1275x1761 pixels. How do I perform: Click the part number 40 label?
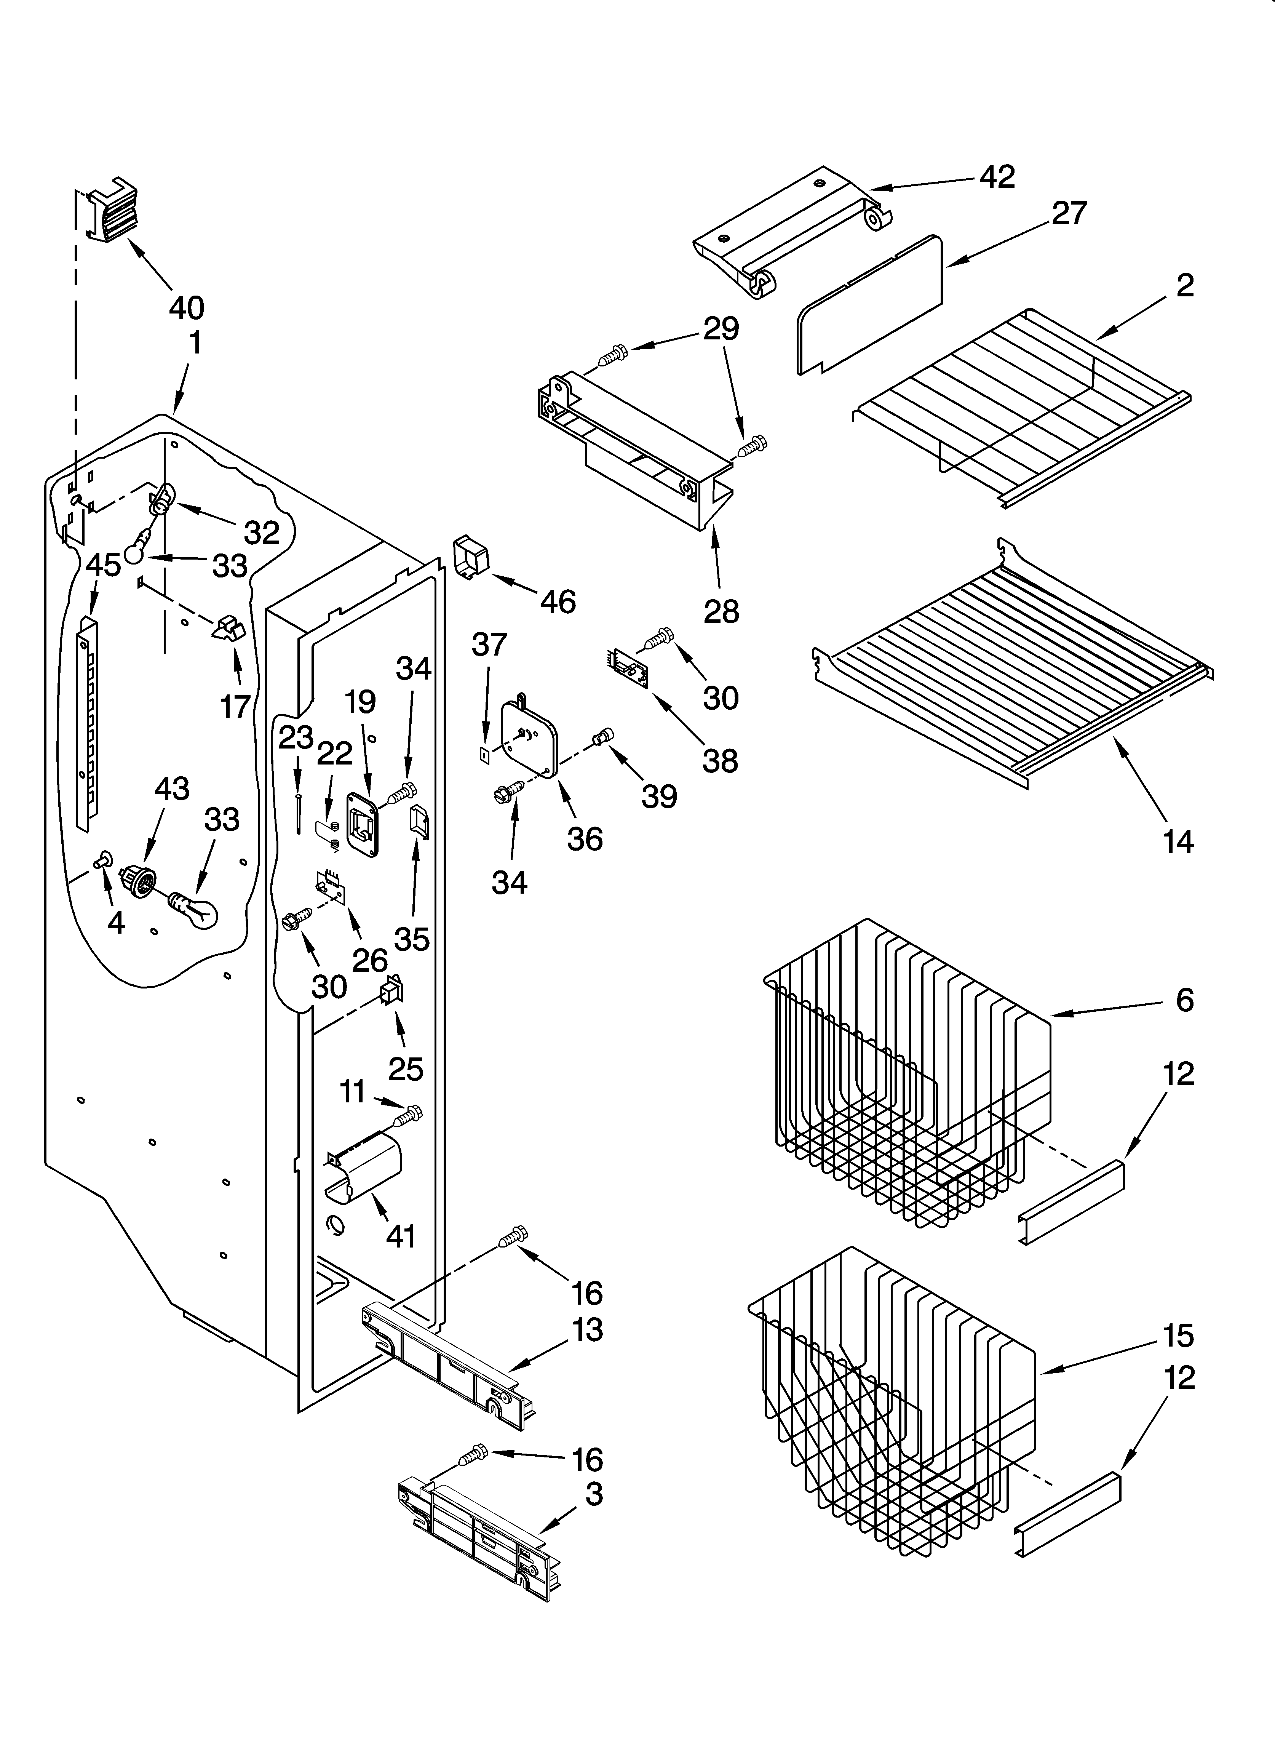186,308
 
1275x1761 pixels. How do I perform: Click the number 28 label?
721,612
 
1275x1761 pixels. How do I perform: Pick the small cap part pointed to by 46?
471,558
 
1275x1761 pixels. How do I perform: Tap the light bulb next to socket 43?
194,909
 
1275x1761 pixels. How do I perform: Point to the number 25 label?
405,1069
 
